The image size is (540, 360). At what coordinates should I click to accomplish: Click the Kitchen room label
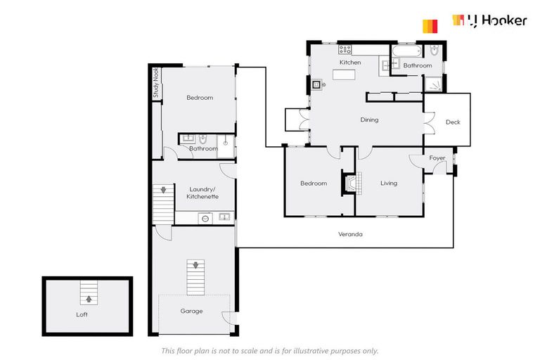[350, 63]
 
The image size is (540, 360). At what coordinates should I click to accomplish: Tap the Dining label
[369, 120]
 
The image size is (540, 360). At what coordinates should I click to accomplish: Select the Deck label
[453, 122]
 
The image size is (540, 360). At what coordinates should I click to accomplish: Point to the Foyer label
[437, 158]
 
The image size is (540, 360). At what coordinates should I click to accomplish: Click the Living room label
[389, 184]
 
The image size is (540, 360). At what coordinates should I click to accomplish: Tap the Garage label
[191, 311]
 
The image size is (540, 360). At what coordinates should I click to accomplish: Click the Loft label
[82, 314]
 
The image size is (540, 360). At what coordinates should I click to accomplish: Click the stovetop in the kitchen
[345, 49]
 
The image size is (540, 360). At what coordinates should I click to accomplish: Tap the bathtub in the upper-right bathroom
[407, 51]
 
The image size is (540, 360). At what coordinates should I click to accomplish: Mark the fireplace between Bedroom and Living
[352, 183]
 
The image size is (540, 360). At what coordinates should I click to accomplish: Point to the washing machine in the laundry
[205, 218]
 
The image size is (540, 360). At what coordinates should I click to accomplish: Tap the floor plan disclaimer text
[270, 350]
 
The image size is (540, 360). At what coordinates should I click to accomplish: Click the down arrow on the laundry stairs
[163, 190]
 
